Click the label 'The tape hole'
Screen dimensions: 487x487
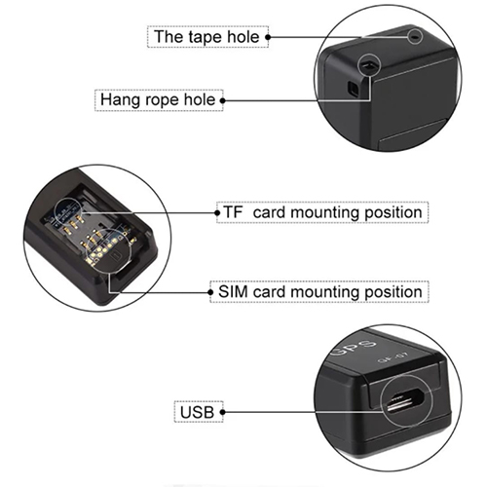(x=207, y=37)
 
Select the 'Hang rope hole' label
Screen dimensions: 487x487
(x=159, y=100)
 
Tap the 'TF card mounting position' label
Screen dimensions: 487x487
(x=322, y=212)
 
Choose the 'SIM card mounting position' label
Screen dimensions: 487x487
(x=319, y=291)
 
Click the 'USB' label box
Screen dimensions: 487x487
(x=199, y=412)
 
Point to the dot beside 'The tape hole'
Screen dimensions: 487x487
(x=268, y=37)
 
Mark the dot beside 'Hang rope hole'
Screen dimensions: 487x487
(x=223, y=100)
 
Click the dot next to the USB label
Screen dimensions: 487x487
(x=222, y=412)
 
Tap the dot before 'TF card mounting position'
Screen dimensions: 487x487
(x=217, y=213)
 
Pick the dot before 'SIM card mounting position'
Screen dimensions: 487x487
(x=210, y=292)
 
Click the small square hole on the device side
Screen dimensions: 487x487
(x=353, y=88)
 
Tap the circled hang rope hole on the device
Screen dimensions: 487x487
(x=368, y=65)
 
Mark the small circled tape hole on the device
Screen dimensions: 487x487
(x=415, y=36)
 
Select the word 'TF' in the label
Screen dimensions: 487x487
(x=234, y=212)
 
